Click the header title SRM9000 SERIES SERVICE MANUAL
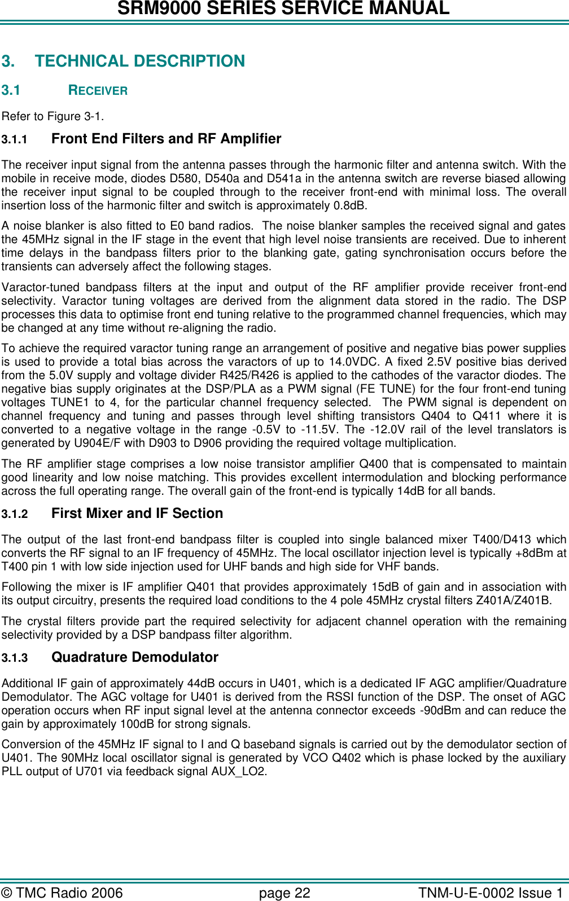tap(283, 8)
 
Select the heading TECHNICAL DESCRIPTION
tap(139, 61)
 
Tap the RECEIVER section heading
tap(98, 90)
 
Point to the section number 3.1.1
tap(14, 139)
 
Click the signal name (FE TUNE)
tap(416, 389)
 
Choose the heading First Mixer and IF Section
tap(137, 513)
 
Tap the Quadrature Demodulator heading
tap(134, 657)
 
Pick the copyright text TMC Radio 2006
tap(69, 893)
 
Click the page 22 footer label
tap(284, 893)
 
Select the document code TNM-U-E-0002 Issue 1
tap(490, 893)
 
